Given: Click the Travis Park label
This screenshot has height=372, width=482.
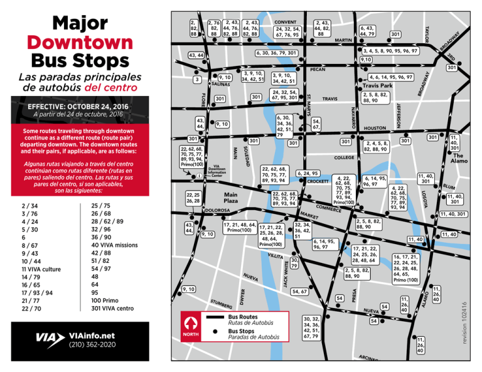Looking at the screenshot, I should pyautogui.click(x=377, y=85).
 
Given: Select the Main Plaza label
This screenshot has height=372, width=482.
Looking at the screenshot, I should pyautogui.click(x=230, y=198).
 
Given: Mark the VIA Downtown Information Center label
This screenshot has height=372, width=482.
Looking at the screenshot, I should pyautogui.click(x=217, y=171).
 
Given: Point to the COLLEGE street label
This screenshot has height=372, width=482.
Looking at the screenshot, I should pyautogui.click(x=344, y=157).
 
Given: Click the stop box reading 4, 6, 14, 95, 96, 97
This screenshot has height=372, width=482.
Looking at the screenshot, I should pyautogui.click(x=400, y=77).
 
